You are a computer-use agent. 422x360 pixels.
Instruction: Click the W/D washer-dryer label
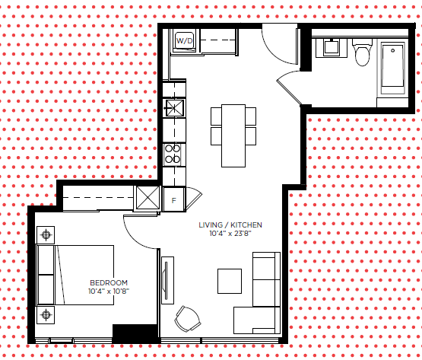(185, 41)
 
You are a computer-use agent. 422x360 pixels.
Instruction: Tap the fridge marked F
(174, 199)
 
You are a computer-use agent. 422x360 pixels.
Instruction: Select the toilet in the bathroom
(362, 53)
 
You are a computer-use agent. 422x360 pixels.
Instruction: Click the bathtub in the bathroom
(392, 68)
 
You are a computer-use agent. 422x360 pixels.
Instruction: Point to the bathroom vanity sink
(332, 47)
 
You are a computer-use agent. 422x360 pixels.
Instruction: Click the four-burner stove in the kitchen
(173, 155)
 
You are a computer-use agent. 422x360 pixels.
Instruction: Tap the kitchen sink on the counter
(175, 108)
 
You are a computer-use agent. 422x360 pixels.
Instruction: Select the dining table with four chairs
(233, 135)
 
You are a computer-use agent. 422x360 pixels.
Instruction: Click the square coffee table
(230, 281)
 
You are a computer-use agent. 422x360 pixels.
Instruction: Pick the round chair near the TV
(188, 319)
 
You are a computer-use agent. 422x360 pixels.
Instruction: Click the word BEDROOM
(109, 282)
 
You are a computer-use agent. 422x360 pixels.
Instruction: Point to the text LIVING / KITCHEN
(230, 225)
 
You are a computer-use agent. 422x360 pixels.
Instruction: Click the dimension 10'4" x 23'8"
(230, 234)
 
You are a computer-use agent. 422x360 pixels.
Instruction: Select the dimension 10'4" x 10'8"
(109, 292)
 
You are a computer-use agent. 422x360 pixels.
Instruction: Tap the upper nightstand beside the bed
(46, 235)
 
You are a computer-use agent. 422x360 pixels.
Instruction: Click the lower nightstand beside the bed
(46, 314)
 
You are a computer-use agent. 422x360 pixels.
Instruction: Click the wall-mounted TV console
(167, 281)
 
